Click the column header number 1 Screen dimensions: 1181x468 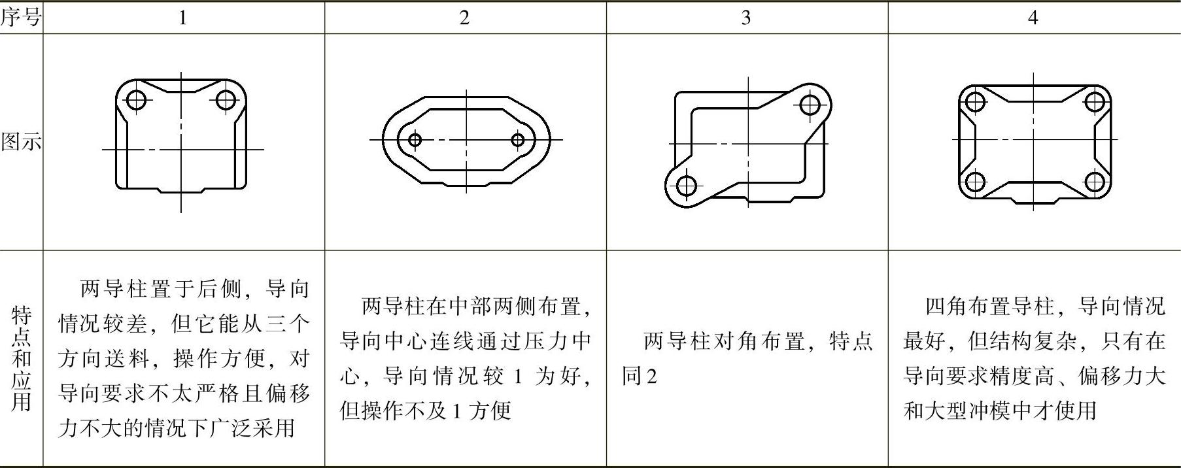(x=182, y=18)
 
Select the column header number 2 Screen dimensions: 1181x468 (x=464, y=18)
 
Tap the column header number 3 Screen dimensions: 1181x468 (x=746, y=18)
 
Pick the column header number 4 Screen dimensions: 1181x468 (x=1033, y=18)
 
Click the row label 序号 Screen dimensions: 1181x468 (x=21, y=18)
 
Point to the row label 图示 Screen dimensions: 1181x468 (x=21, y=141)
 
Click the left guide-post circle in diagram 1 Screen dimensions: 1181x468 (x=136, y=100)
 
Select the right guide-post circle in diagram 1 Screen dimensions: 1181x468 (x=226, y=100)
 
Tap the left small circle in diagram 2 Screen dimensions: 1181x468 (x=415, y=140)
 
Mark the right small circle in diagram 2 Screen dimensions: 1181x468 (x=518, y=140)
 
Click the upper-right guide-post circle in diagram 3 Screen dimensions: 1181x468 (x=810, y=104)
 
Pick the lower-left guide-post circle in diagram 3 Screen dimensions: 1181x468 (x=686, y=186)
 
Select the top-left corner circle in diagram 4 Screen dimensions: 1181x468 (x=975, y=102)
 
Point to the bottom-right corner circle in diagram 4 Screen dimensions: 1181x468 (x=1095, y=181)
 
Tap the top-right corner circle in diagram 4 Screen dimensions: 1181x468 (x=1095, y=102)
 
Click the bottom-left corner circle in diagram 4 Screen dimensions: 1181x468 (x=975, y=181)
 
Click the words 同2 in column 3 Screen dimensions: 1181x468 (x=639, y=376)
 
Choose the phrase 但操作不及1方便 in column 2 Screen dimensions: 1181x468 (x=425, y=410)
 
